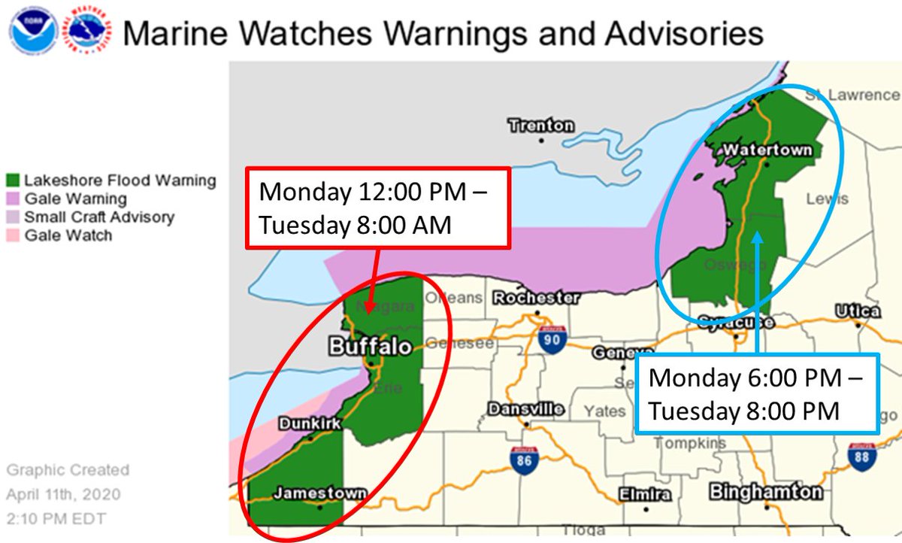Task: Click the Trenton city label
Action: [540, 125]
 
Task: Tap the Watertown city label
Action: [767, 150]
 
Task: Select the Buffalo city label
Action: [370, 346]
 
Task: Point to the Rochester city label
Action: [536, 298]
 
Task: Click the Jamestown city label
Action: [319, 493]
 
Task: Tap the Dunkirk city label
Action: [310, 423]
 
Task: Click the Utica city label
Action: [858, 311]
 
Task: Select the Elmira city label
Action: [646, 494]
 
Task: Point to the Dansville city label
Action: [525, 409]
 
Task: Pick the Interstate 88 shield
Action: [861, 456]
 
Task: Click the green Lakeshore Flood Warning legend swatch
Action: [13, 181]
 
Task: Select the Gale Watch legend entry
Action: [68, 235]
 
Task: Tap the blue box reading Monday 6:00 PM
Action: [757, 394]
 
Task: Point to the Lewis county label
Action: [827, 199]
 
